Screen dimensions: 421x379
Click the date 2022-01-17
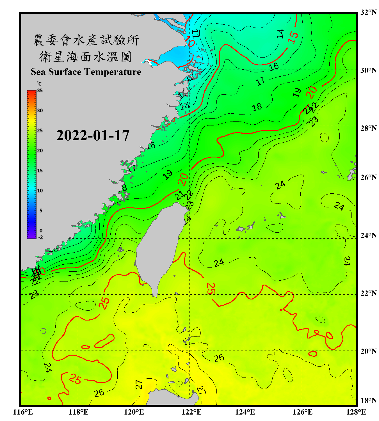click(93, 136)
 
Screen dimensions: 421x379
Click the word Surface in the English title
click(65, 72)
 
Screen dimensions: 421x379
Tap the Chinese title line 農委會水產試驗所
click(86, 40)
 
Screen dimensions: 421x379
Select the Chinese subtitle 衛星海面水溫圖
click(86, 57)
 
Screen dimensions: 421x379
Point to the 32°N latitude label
click(368, 12)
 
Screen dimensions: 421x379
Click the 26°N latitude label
click(368, 177)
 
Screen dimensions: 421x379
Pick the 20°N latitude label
click(368, 351)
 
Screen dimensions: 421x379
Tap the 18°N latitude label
click(368, 401)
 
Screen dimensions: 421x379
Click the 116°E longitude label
click(23, 412)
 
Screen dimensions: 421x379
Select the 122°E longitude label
click(191, 412)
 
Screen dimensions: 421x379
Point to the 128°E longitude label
click(356, 412)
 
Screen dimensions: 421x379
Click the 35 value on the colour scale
click(40, 91)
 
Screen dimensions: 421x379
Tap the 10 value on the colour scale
click(40, 191)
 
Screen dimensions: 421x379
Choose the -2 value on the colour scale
click(40, 237)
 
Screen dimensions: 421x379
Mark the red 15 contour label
click(293, 37)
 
